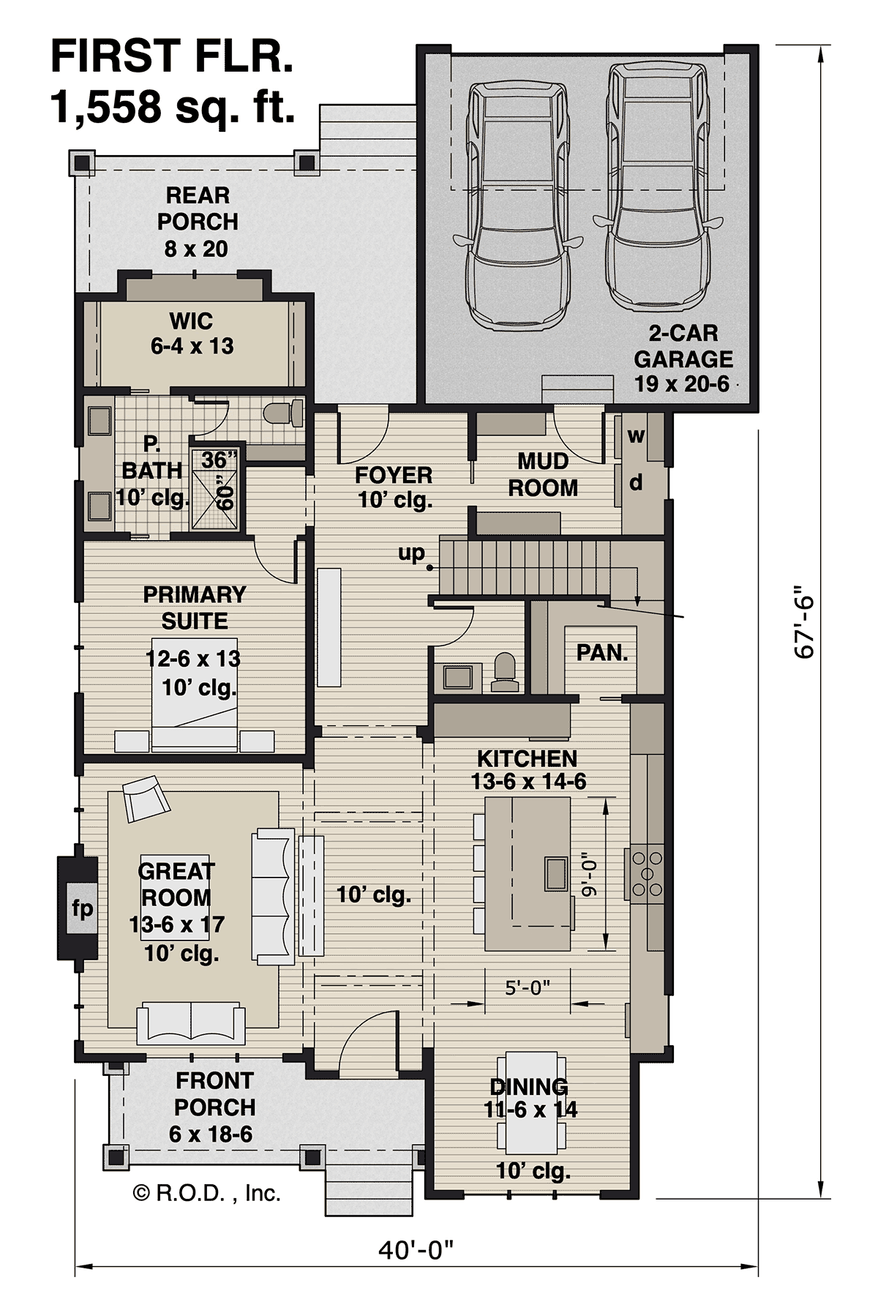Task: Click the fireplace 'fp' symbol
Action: (81, 909)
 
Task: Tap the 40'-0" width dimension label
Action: (416, 1250)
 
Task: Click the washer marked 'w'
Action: (636, 436)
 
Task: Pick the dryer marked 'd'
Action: (636, 483)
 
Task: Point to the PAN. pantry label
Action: (602, 653)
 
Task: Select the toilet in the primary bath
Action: (283, 414)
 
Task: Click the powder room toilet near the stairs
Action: (505, 672)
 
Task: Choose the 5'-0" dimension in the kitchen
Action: (528, 988)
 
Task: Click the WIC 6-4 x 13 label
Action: (192, 333)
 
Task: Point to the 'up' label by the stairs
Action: (411, 553)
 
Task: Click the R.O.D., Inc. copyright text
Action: (206, 1194)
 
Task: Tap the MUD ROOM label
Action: (543, 474)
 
